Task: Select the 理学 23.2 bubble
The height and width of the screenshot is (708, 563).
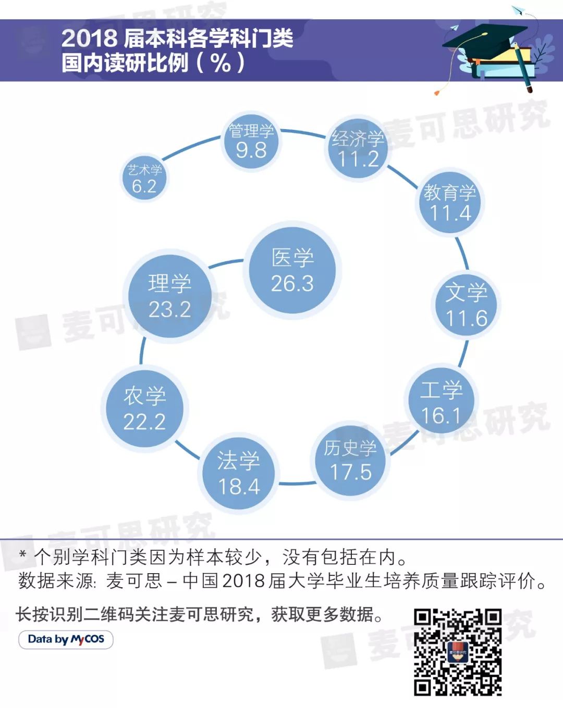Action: coord(169,296)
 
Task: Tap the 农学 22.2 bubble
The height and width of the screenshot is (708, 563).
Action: coord(144,408)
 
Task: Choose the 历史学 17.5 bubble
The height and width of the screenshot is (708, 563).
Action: coord(350,460)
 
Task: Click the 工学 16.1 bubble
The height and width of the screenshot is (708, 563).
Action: coord(441,402)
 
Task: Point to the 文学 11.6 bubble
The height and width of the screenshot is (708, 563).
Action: coord(466,305)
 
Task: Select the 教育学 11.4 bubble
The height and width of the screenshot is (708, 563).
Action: coord(450,203)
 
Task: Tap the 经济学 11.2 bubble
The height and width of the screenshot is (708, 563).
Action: coord(358,148)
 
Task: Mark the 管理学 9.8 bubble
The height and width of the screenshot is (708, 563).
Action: coord(251,141)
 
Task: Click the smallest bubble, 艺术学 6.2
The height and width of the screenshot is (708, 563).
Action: coord(144,179)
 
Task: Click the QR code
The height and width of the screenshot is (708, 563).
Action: coord(458,652)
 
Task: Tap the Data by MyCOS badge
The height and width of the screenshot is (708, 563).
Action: coord(66,639)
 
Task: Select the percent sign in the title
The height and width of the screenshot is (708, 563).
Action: coord(221,63)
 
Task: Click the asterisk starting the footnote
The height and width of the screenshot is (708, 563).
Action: coord(22,555)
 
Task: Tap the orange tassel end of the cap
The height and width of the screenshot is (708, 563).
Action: coord(437,92)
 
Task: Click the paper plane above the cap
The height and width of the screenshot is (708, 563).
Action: coord(518,10)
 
